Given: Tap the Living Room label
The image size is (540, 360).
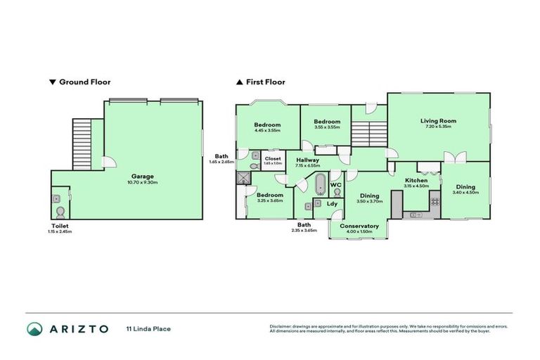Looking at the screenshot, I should pyautogui.click(x=438, y=121).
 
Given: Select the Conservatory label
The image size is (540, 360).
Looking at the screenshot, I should pyautogui.click(x=359, y=226).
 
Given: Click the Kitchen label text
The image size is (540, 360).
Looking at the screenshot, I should pyautogui.click(x=416, y=180).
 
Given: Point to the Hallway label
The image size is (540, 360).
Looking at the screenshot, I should pyautogui.click(x=307, y=160).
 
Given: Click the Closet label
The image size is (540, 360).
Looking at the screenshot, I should pyautogui.click(x=273, y=159).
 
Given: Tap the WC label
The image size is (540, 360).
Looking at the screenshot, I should pyautogui.click(x=335, y=185).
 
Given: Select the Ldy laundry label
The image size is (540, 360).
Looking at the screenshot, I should pyautogui.click(x=332, y=204).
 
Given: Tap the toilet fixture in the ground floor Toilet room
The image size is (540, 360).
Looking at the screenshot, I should pyautogui.click(x=60, y=210).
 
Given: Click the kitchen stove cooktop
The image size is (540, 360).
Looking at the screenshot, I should pyautogui.click(x=435, y=202).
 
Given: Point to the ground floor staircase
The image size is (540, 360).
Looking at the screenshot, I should pyautogui.click(x=82, y=143).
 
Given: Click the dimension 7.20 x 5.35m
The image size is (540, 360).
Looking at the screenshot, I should pyautogui.click(x=438, y=127).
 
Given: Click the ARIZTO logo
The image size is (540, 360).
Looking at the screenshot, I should pyautogui.click(x=67, y=328).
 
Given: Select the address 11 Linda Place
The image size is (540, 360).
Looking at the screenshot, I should pyautogui.click(x=148, y=328).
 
